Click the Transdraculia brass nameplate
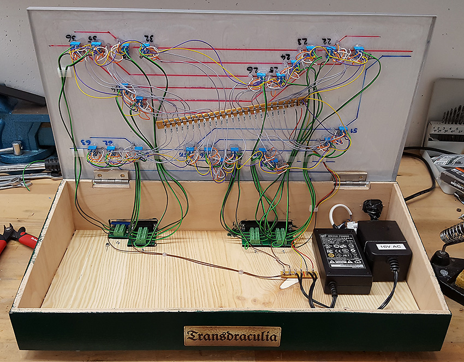(232, 336)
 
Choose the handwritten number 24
(284, 57)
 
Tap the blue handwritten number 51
(354, 131)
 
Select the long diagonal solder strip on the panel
(232, 113)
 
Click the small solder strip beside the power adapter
(298, 273)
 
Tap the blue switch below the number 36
(75, 44)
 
